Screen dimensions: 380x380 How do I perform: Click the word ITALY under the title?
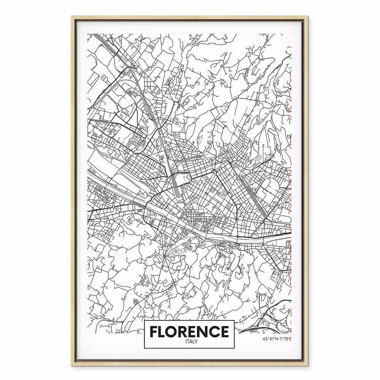point(189,341)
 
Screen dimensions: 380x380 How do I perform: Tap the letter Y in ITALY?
point(194,341)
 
